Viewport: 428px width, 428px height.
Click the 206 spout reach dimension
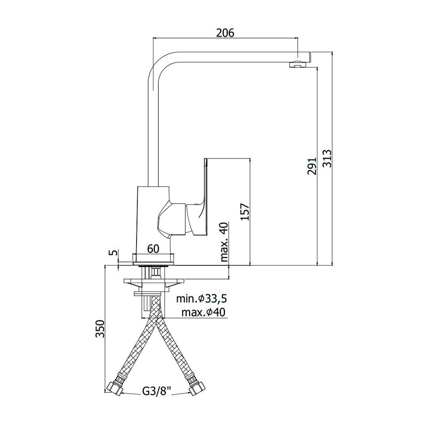(225, 33)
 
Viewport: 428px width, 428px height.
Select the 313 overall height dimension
(327, 158)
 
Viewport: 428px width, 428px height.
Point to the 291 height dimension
(312, 166)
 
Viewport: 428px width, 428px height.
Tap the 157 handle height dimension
(245, 212)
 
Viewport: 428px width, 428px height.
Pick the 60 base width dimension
(153, 249)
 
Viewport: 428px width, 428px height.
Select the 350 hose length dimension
(100, 329)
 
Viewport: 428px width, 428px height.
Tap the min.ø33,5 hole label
(202, 299)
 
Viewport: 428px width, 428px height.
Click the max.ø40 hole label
(204, 312)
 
